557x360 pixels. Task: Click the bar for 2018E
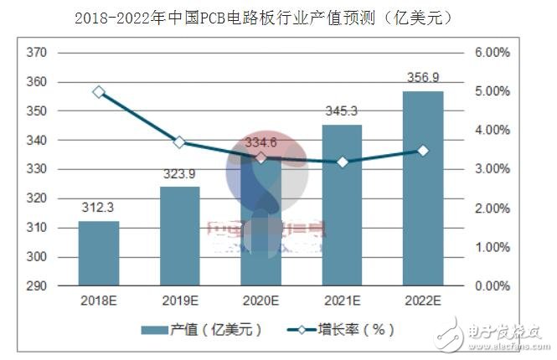pos(99,253)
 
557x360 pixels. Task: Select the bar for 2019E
pos(179,236)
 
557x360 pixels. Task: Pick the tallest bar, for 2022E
pos(422,188)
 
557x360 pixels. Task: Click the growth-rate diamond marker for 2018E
pos(99,92)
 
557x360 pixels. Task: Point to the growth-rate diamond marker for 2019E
pos(179,142)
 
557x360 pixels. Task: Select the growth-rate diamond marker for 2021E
pos(341,162)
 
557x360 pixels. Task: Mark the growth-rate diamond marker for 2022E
pos(422,151)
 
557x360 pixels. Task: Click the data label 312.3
pos(98,207)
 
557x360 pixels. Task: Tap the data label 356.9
pos(422,78)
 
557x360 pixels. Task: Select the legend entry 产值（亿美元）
pos(201,330)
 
